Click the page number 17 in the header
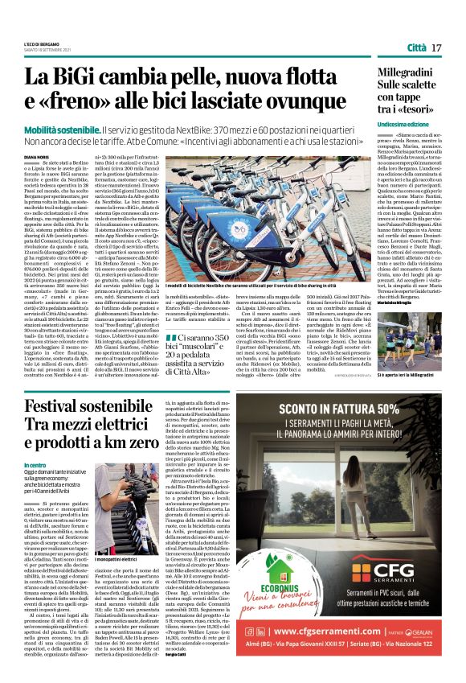(x=436, y=48)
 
